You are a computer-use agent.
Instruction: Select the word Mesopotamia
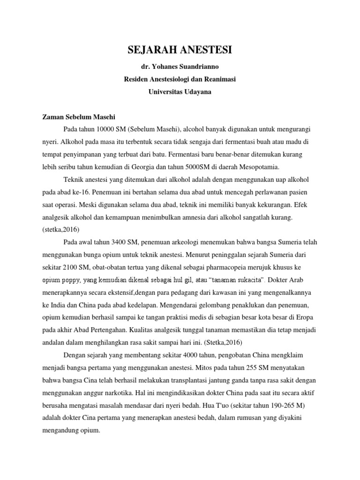click(259, 166)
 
